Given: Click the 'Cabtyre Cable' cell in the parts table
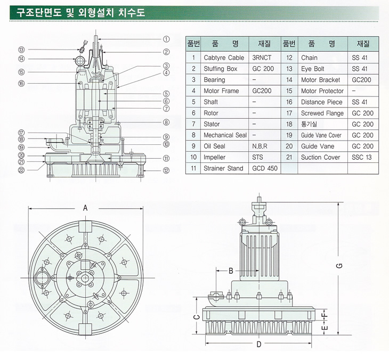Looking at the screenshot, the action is [x=224, y=58].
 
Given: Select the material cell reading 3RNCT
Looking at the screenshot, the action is [x=262, y=58].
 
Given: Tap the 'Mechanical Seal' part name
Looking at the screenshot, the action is [x=225, y=135].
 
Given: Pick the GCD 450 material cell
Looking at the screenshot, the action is [x=265, y=168].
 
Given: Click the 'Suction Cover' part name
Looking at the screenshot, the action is [x=321, y=157].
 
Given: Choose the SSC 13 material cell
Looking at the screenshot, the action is [x=362, y=157].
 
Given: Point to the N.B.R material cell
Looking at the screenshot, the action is [x=260, y=146].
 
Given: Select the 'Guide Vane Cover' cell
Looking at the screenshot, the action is [x=321, y=135].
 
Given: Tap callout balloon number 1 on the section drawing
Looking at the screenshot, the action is [x=166, y=39].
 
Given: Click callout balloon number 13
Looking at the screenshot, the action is [x=22, y=50].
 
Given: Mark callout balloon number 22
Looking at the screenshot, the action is [x=22, y=170].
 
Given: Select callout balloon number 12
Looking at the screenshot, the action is [x=166, y=170].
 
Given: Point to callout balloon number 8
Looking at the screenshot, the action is [x=166, y=122].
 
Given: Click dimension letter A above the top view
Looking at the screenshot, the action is [x=85, y=208].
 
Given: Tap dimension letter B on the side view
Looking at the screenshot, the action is [x=231, y=271].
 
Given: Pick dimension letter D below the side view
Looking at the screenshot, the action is [x=259, y=344].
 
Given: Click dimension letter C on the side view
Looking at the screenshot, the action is [x=196, y=317].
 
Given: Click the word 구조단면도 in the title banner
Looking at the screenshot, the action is [x=39, y=12].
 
